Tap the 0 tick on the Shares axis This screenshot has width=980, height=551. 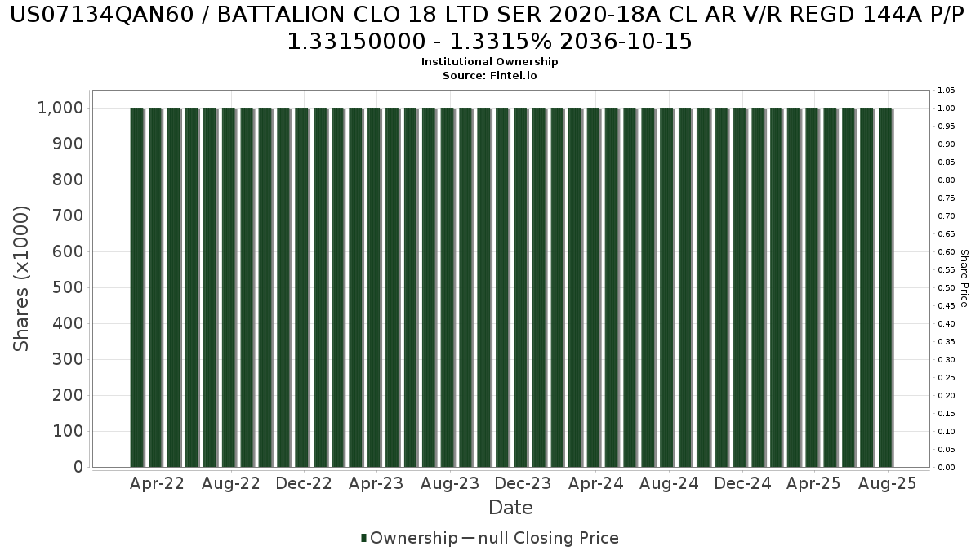78,467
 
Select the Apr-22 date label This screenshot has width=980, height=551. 157,483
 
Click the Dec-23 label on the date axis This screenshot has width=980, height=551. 523,483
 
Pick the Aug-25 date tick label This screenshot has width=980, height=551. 888,483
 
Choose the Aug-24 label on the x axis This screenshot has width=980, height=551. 669,483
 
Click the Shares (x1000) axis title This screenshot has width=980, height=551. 22,278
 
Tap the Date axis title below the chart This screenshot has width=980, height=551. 510,508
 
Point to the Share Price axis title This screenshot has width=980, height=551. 964,278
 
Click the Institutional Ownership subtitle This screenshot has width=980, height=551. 489,62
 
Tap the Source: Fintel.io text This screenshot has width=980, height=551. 489,75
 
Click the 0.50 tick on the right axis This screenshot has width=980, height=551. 947,287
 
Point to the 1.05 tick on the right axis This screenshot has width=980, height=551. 947,90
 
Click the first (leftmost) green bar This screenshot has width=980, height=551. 137,287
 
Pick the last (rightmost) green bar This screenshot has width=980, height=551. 885,287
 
